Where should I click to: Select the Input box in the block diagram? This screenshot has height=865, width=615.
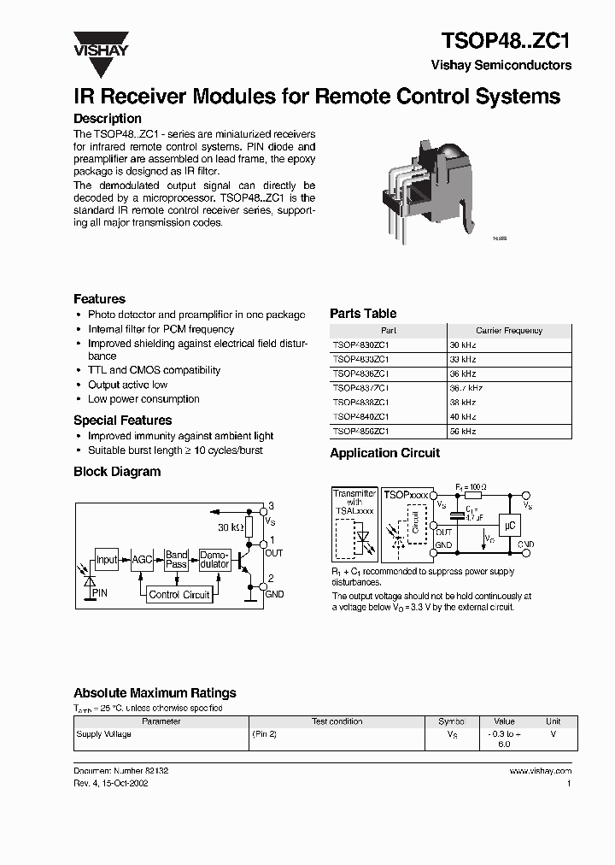[x=107, y=561]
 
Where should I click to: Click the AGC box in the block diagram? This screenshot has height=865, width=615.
[x=142, y=561]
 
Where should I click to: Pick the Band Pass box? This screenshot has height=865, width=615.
[x=177, y=560]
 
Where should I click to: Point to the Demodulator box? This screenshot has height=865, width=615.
[x=214, y=560]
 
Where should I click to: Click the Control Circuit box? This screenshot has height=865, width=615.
[x=179, y=595]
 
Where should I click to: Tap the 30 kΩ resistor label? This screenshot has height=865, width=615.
[x=231, y=528]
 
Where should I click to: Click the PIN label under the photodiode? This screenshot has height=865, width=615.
[x=100, y=592]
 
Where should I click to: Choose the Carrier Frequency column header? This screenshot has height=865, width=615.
[x=509, y=331]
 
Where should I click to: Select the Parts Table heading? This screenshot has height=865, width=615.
[x=363, y=314]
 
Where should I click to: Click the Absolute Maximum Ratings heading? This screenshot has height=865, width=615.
[x=155, y=693]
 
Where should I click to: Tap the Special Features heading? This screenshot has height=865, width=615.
[x=122, y=421]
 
